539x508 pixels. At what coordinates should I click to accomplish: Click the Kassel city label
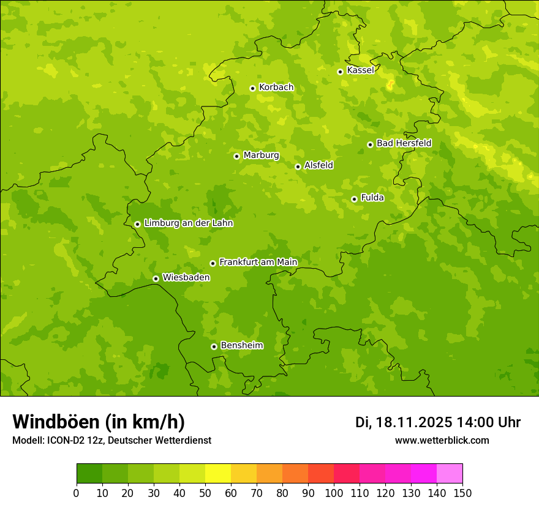point(360,70)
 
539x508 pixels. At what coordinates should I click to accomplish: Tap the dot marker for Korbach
point(252,88)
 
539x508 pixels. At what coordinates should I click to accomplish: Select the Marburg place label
point(261,155)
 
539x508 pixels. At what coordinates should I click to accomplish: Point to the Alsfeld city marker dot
point(298,166)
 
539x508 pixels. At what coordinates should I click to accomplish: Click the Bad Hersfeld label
point(404,143)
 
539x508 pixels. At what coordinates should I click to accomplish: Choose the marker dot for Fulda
point(354,199)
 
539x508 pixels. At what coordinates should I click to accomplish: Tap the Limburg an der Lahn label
point(188,223)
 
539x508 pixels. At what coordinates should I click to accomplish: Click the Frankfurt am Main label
point(258,262)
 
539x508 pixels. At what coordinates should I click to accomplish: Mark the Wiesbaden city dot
point(156,278)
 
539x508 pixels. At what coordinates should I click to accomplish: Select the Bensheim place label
point(241,345)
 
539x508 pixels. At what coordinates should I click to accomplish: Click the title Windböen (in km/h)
point(99,422)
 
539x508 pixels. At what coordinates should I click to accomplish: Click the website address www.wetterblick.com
point(442,440)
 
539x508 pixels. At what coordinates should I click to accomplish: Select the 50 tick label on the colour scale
point(205,493)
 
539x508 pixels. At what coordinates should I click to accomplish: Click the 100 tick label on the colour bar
point(334,493)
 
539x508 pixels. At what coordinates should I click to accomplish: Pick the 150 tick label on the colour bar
point(462,493)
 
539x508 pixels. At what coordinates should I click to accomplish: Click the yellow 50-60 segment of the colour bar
point(218,474)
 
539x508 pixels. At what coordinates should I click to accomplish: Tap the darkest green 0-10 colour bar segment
point(89,474)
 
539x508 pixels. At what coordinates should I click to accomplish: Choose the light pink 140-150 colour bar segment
point(450,474)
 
